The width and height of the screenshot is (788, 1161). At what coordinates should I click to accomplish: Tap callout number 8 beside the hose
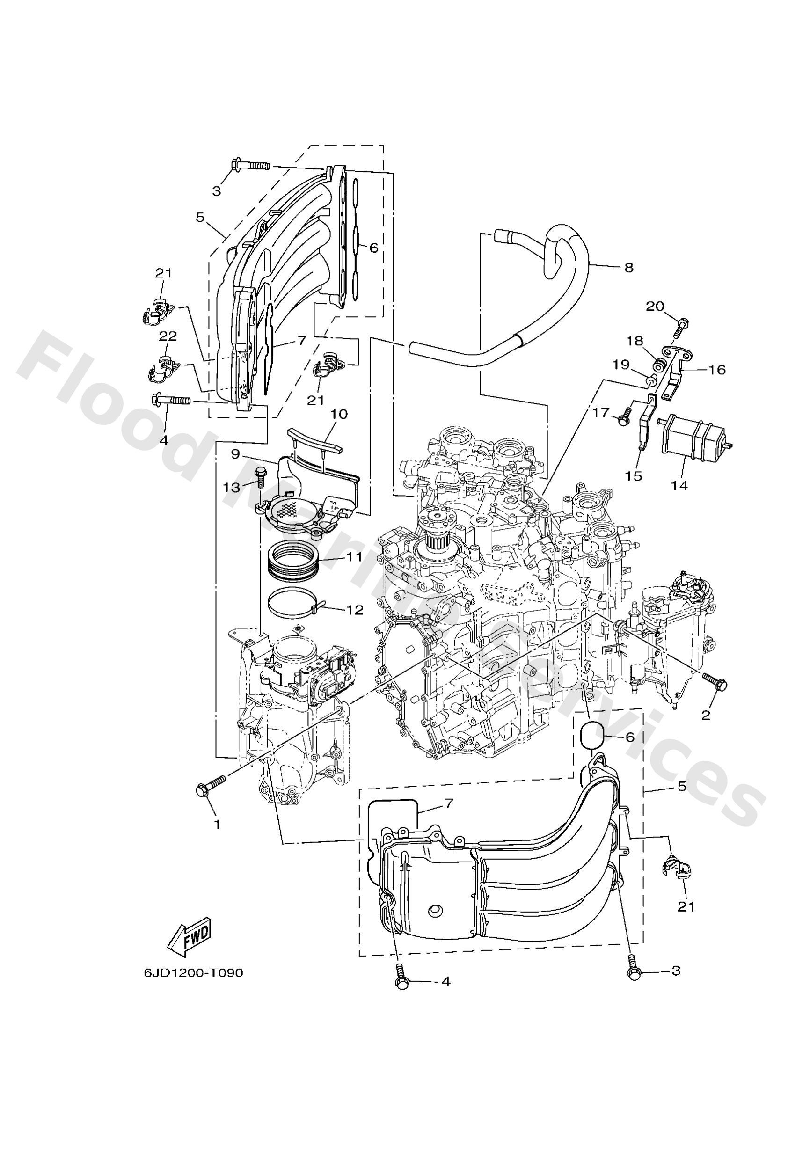(628, 267)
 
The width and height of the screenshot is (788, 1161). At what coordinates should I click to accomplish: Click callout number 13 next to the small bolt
(231, 487)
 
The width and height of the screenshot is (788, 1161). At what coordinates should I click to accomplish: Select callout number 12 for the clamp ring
(356, 611)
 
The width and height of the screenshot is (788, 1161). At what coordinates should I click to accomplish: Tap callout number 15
(634, 476)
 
